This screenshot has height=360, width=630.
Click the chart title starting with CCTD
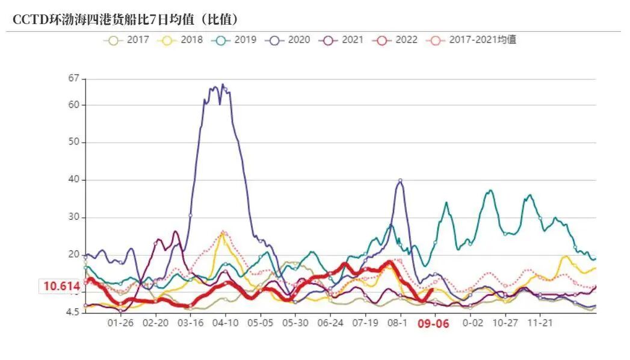pos(126,19)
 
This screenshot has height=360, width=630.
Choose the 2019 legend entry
pos(237,40)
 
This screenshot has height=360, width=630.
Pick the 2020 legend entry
pos(291,40)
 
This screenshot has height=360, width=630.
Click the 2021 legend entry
pos(345,40)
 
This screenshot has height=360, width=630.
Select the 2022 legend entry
pos(398,40)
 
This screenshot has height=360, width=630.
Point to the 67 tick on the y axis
pos(74,78)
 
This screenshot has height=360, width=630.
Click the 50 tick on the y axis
pos(74,143)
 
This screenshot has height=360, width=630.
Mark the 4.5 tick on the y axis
pos(72,312)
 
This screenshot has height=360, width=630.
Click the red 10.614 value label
pos(61,287)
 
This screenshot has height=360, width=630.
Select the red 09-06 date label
pos(434,323)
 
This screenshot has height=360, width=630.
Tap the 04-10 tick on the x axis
pos(226,323)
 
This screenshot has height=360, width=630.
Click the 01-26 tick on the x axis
pos(120,323)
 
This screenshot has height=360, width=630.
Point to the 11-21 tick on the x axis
pos(540,323)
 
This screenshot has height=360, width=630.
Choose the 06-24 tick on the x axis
pos(330,323)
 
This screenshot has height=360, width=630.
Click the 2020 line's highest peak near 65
pos(223,85)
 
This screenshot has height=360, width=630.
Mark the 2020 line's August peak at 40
pos(400,180)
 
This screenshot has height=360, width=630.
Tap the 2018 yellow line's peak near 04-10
pos(223,234)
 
